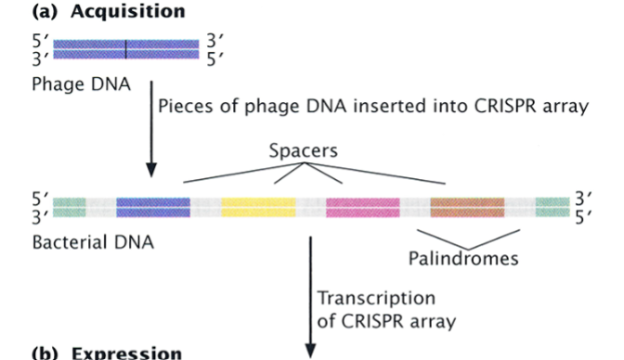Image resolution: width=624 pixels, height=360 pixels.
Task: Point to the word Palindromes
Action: point(463,257)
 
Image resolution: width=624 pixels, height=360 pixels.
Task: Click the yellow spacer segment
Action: point(259,207)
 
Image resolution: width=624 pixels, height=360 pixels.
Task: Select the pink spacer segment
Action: point(363,207)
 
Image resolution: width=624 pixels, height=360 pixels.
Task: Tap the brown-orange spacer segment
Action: point(467,207)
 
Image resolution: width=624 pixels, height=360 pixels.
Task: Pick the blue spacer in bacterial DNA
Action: point(153,207)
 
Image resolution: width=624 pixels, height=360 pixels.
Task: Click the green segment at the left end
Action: point(70,207)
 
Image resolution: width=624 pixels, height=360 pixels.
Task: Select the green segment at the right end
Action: point(552,207)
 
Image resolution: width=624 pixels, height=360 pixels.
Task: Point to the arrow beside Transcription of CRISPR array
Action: point(311,297)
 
